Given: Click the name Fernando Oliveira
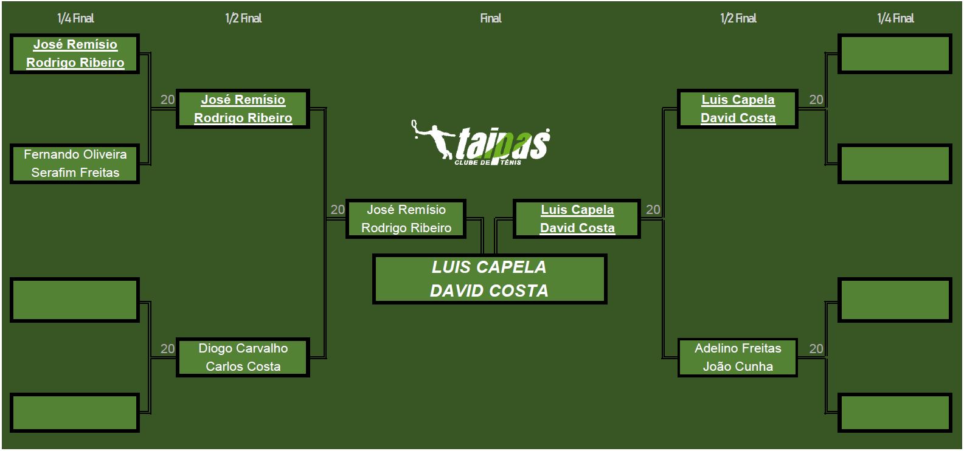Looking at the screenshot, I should [x=75, y=154].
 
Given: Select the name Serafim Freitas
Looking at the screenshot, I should [x=75, y=173].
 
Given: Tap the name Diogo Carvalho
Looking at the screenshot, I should [x=243, y=348].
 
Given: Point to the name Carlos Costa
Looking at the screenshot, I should [x=243, y=367].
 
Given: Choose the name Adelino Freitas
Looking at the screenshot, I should [x=738, y=348].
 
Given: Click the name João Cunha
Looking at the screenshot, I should [x=738, y=367].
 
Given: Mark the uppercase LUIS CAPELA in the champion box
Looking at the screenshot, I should [x=489, y=267].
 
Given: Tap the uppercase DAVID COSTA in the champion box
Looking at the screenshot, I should [x=489, y=291].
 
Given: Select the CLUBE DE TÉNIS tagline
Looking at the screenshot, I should [x=488, y=163].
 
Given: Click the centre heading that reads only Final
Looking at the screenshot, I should [x=490, y=18].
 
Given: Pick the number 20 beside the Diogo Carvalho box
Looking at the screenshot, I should [x=167, y=349].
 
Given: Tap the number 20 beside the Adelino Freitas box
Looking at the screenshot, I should [x=816, y=349].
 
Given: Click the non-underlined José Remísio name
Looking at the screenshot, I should [x=406, y=210].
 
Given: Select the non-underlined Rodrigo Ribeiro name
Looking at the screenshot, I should [x=406, y=228].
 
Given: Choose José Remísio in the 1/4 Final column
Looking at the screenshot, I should [x=75, y=44].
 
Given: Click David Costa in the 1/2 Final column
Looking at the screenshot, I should [x=738, y=118].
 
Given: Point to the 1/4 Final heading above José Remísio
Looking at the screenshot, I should [x=75, y=18].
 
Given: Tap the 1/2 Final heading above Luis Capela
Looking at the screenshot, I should [x=738, y=18].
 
